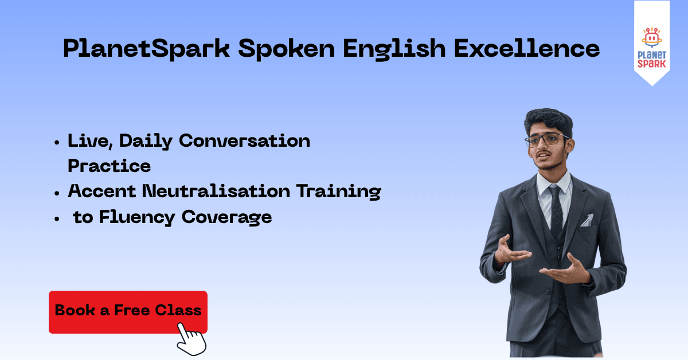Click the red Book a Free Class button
pos(128,311)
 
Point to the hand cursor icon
pos(191,339)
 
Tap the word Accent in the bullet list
pos(101,191)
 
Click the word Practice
pos(109,166)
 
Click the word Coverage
pos(229,218)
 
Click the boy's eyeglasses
pos(551,139)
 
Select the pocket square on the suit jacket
pos(586,220)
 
